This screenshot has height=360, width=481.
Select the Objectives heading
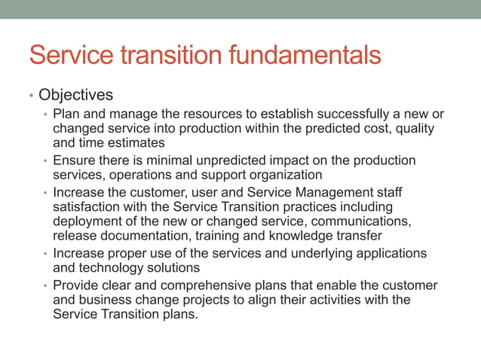75,96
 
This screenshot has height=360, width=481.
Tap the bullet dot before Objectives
30,96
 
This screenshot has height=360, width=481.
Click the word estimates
136,142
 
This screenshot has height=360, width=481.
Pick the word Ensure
74,160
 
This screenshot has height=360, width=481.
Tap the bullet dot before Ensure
45,161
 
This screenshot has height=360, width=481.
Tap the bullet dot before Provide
45,287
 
